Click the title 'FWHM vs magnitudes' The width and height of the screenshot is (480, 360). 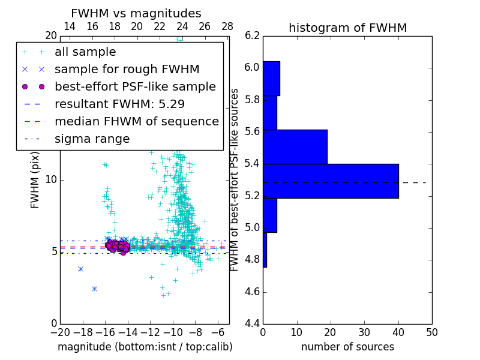pos(136,13)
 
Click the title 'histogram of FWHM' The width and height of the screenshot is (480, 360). pos(347,28)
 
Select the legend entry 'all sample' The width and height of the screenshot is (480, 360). pos(85,52)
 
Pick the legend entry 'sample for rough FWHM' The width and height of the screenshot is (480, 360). pos(127,69)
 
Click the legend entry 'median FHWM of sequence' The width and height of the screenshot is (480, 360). pos(136,121)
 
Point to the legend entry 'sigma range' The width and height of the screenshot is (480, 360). pos(92,139)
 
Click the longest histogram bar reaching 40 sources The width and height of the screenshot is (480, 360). pos(331,181)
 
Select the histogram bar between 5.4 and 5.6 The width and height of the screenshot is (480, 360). pos(295,146)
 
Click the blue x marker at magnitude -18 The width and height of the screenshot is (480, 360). pos(80,269)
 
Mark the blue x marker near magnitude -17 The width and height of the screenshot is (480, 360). pos(94,289)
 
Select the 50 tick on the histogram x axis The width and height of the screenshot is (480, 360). pos(431,332)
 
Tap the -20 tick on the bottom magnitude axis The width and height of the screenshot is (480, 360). pos(60,332)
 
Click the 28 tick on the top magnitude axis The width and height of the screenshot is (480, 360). pos(227,27)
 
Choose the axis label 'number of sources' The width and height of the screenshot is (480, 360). pos(347,347)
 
